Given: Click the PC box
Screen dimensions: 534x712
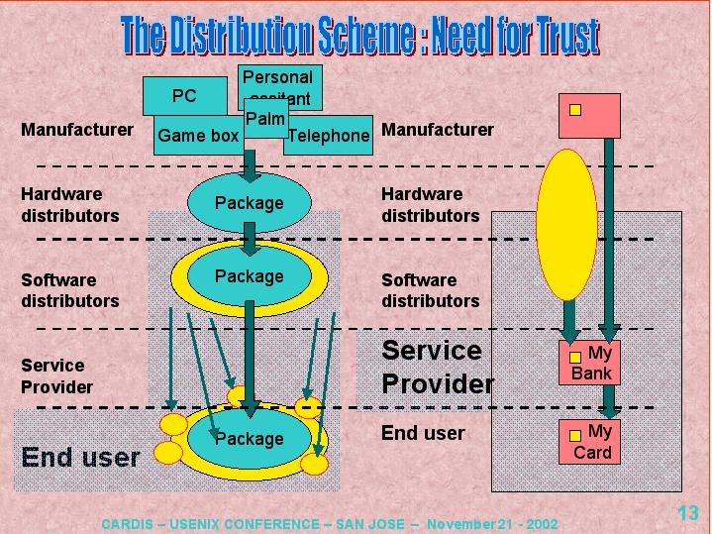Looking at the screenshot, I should click(184, 96).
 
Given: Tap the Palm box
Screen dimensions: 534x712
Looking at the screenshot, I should click(265, 119).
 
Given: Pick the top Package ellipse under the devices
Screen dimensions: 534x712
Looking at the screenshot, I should click(250, 203).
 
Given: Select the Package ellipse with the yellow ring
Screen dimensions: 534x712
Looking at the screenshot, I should click(250, 276).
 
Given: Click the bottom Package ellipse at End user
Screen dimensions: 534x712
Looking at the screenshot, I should click(250, 439).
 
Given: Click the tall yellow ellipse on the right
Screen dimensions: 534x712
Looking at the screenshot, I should click(566, 224).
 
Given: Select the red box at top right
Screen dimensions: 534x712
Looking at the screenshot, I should click(589, 116).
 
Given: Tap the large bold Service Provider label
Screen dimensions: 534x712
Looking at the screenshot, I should click(437, 367).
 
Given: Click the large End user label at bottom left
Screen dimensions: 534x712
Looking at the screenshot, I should click(80, 457).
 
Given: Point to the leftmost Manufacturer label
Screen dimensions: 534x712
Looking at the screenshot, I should click(77, 130).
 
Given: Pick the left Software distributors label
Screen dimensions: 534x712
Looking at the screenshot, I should click(70, 290).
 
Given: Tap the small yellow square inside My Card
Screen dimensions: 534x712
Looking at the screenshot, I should click(574, 435).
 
